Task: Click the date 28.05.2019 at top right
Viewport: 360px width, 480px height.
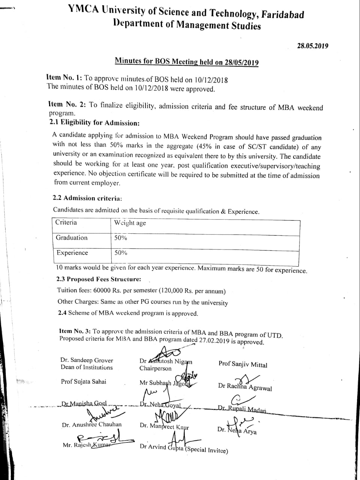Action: point(312,46)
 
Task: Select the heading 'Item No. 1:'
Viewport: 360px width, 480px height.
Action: point(64,78)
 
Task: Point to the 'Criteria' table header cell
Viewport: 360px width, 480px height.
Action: point(66,222)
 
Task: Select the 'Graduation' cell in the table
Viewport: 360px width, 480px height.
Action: point(72,238)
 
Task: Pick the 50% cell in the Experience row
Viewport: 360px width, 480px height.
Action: point(121,253)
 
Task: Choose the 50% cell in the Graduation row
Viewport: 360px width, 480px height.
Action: point(121,238)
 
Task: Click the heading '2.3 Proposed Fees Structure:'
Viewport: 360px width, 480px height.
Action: point(99,279)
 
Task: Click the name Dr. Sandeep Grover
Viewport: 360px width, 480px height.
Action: point(87,360)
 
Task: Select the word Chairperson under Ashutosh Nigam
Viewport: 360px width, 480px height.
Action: point(155,368)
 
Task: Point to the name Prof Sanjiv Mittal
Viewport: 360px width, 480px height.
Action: point(243,364)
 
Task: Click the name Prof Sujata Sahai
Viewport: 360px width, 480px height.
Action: point(84,382)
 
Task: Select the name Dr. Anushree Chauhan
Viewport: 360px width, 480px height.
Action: point(92,425)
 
